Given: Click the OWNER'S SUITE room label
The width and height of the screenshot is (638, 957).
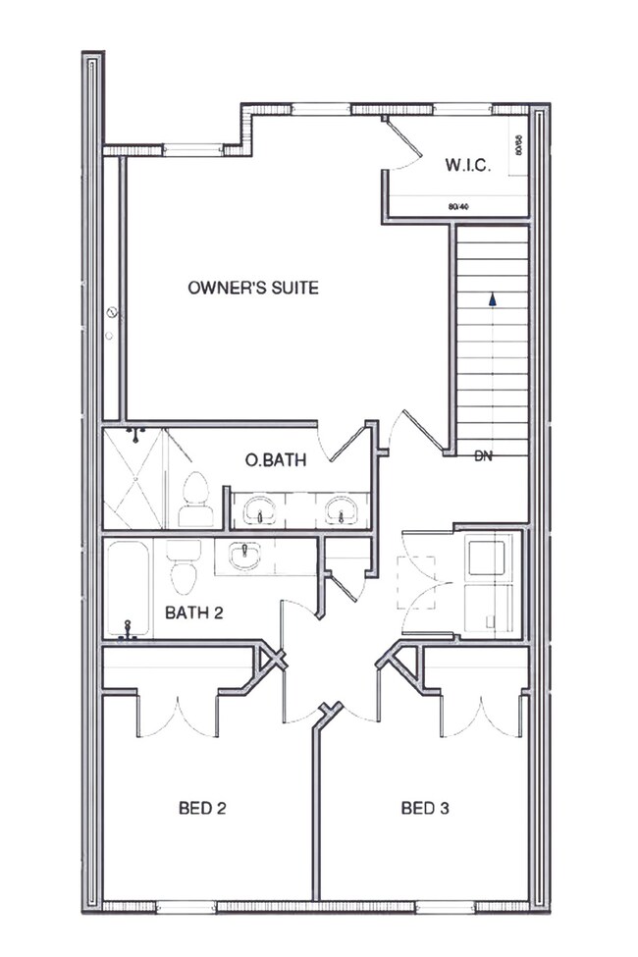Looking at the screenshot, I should point(253,288).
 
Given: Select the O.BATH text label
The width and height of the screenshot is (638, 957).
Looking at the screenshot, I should point(274,460).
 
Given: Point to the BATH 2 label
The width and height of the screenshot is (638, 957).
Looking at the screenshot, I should point(194,613).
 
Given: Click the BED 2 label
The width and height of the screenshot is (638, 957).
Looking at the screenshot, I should point(203,809).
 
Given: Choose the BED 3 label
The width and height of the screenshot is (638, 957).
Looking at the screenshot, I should point(426,809).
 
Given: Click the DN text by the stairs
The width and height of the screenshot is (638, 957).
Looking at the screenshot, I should point(483,456).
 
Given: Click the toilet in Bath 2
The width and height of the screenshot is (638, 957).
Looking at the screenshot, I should point(183,567).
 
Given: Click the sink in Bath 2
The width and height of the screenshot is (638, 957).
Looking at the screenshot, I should point(244,556).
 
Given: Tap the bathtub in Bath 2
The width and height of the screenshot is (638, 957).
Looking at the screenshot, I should point(128,589).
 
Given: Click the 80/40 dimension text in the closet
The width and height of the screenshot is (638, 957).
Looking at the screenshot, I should point(456,207).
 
